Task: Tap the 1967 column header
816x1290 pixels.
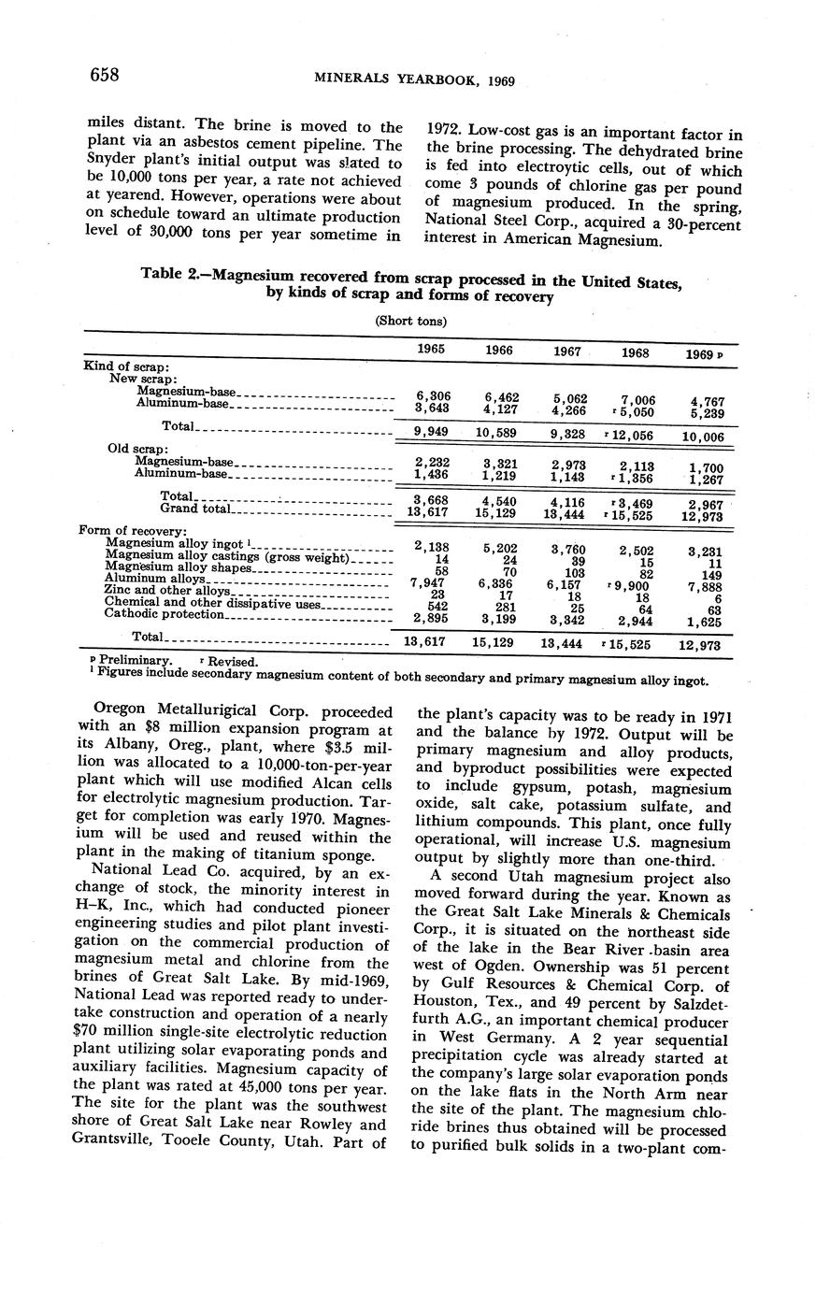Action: (x=567, y=351)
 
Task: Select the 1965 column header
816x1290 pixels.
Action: (x=431, y=349)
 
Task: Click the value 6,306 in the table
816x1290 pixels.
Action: (x=431, y=395)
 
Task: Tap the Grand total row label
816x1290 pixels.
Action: (x=193, y=509)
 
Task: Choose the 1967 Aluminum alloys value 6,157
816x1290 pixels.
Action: (x=567, y=583)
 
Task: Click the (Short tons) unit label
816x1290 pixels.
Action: (x=410, y=321)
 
